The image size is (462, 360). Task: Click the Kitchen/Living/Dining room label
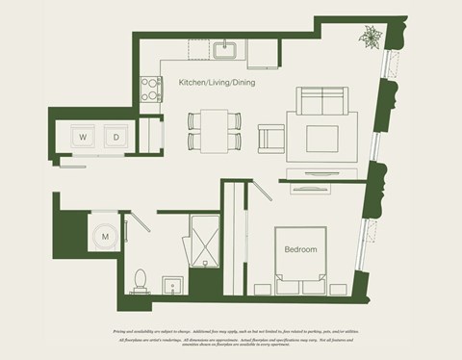coord(218,83)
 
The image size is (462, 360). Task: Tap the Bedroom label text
coord(300,249)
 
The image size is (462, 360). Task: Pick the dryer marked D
coord(115,137)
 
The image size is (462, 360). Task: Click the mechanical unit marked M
coord(104,235)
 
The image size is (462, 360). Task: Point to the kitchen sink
coord(226,49)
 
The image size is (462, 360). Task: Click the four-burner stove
coord(151,89)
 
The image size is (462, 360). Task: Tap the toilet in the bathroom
coord(141,279)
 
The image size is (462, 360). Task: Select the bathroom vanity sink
coord(171,285)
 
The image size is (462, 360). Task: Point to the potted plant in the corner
coord(370,38)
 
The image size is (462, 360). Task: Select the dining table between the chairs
coord(215,130)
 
